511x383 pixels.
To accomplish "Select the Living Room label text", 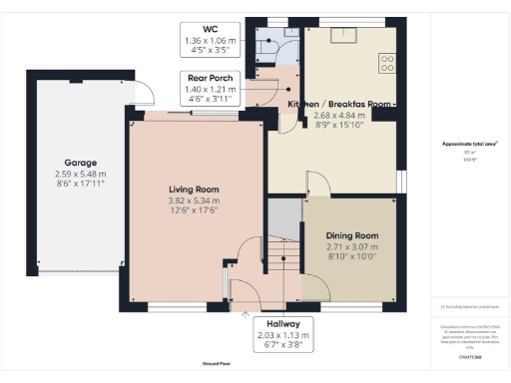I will pos(194,190).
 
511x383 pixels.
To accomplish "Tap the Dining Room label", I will pos(353,235).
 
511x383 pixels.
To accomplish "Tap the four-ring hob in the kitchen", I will pos(386,62).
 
